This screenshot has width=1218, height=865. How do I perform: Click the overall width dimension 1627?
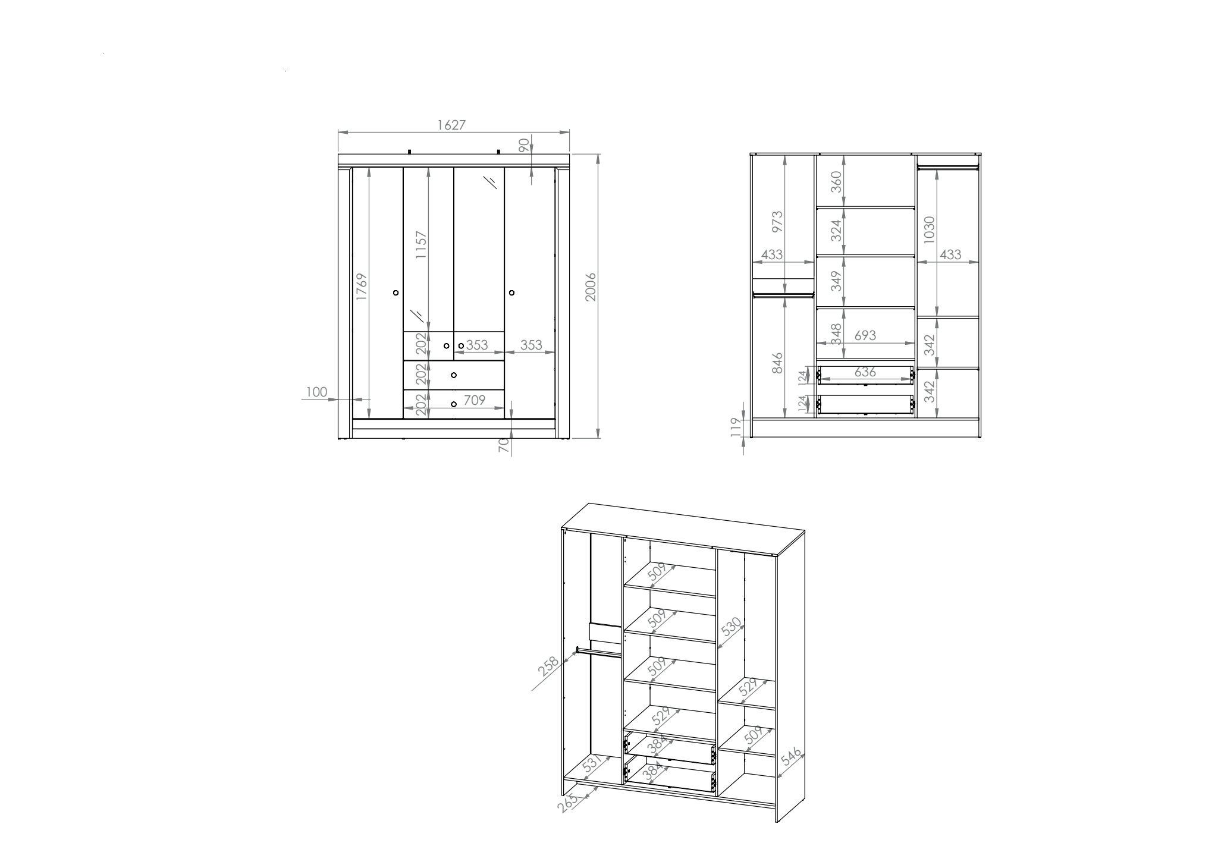pyautogui.click(x=451, y=125)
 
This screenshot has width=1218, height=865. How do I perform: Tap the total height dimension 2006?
pyautogui.click(x=591, y=287)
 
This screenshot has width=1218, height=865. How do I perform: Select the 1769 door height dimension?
pyautogui.click(x=362, y=287)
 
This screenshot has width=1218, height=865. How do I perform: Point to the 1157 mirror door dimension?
pyautogui.click(x=421, y=245)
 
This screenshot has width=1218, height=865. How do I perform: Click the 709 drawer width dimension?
pyautogui.click(x=475, y=400)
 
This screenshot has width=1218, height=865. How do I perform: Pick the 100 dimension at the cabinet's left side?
pyautogui.click(x=317, y=392)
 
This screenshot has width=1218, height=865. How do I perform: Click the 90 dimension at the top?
pyautogui.click(x=523, y=146)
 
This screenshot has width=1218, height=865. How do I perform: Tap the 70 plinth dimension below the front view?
pyautogui.click(x=503, y=445)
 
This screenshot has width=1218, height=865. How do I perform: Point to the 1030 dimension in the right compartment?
pyautogui.click(x=930, y=229)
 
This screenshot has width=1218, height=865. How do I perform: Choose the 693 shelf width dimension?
pyautogui.click(x=865, y=335)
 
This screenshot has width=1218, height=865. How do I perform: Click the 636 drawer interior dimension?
pyautogui.click(x=865, y=372)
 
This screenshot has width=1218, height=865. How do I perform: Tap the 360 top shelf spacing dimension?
pyautogui.click(x=836, y=181)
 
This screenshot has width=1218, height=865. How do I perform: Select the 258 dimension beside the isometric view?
pyautogui.click(x=548, y=666)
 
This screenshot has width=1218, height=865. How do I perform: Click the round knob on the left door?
pyautogui.click(x=396, y=293)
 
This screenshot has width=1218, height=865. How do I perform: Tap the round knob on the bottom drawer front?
pyautogui.click(x=454, y=404)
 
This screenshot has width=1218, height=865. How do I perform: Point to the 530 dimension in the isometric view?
pyautogui.click(x=731, y=628)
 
